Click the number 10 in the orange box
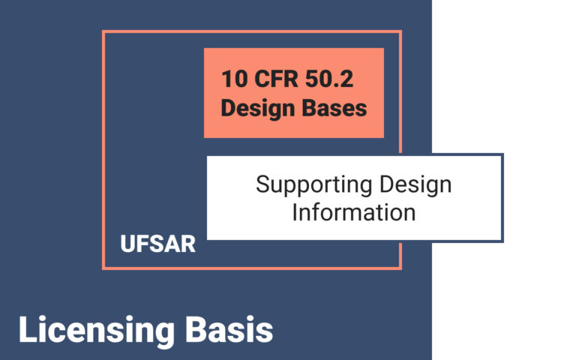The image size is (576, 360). pos(232,78)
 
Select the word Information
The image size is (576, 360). pos(353,211)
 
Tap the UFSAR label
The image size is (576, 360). pos(157,244)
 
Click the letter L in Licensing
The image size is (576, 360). pos(26,331)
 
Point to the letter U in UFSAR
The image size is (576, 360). pos(127,244)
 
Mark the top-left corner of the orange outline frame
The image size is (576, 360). pos(103,31)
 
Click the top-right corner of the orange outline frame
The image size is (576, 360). pos(400,31)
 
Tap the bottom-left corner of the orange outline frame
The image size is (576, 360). pos(103,268)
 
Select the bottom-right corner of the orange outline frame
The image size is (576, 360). pos(400,268)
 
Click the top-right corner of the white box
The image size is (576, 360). pos(502,155)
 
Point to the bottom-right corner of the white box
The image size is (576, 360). pos(502,241)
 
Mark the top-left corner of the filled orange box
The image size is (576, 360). pos(205,49)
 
